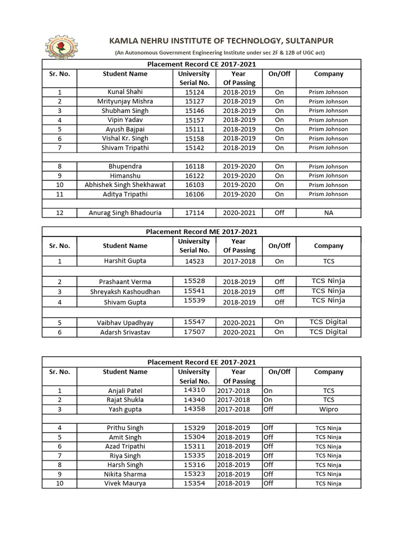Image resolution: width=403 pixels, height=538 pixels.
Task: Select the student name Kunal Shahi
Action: coord(125,92)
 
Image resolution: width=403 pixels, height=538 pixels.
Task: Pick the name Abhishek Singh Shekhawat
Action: coord(125,185)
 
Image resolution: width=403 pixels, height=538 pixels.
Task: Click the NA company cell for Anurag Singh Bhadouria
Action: coord(328,213)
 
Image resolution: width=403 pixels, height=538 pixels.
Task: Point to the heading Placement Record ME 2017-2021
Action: coord(201,232)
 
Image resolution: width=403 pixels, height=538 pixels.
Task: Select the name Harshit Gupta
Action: coord(125,261)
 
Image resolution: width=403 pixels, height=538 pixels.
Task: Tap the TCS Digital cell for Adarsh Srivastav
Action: coord(328,332)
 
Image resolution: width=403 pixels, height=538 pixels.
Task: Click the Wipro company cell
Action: coord(328,409)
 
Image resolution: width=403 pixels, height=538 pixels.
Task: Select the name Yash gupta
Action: coord(125,409)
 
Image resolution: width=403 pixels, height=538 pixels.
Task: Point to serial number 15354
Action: coord(194,483)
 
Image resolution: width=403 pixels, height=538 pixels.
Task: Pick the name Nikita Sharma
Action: coord(125,474)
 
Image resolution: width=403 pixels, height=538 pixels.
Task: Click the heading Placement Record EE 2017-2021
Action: coord(201,362)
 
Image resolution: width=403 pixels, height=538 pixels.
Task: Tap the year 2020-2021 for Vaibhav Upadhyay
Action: coord(239,322)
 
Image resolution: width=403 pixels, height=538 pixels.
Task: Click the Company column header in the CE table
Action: coord(328,74)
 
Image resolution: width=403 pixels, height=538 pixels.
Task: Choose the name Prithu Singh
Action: coord(125,428)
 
